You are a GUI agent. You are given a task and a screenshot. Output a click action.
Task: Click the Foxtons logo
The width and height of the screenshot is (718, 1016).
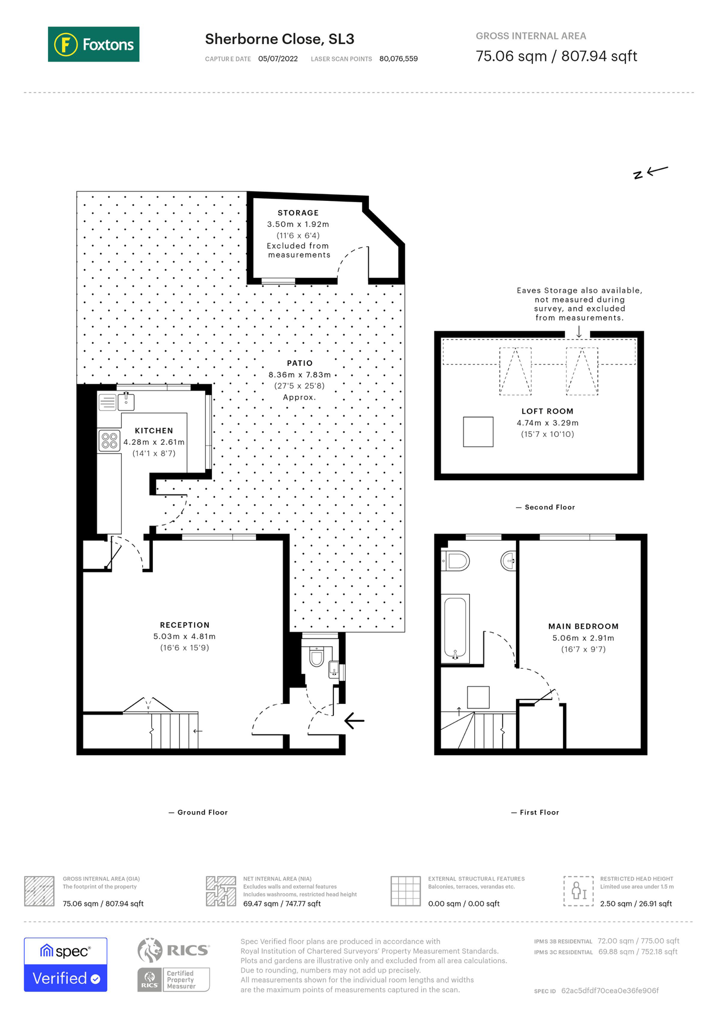coord(94,44)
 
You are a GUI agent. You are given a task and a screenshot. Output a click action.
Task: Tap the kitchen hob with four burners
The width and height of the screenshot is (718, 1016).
coord(109,441)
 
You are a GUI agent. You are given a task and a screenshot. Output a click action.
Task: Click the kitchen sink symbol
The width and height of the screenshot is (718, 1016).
coord(116,402)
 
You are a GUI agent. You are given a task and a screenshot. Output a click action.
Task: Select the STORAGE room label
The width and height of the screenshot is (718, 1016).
coord(298,213)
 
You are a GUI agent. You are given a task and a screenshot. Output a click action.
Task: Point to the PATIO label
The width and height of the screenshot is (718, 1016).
coord(299,363)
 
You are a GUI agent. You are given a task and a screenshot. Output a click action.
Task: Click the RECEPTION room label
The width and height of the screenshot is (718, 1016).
coord(184,625)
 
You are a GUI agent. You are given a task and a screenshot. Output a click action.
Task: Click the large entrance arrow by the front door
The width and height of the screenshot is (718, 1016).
coord(354,720)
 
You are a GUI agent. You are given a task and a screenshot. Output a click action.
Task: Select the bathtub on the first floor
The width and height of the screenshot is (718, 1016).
coord(456,627)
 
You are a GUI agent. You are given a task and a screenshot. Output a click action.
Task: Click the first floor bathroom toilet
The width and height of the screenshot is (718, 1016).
coord(456,561)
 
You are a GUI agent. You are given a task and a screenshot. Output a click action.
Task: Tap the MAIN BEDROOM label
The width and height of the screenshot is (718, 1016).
coord(583,626)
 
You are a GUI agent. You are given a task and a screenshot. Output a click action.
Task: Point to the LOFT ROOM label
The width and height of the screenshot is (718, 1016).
coord(547,411)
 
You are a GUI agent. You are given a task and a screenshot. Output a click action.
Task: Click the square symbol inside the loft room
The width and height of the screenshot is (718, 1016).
coord(478,432)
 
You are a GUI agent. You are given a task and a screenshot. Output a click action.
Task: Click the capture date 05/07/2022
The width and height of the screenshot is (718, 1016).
coord(277,59)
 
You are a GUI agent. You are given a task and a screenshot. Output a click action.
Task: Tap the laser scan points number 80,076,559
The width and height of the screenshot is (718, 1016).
coord(398,59)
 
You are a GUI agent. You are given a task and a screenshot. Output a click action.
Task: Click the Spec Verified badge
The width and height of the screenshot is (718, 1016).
coord(65,965)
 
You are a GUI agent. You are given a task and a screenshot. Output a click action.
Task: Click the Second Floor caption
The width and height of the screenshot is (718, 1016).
coord(549,507)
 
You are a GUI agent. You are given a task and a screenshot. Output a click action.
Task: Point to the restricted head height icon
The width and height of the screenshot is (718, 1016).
coord(578,891)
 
